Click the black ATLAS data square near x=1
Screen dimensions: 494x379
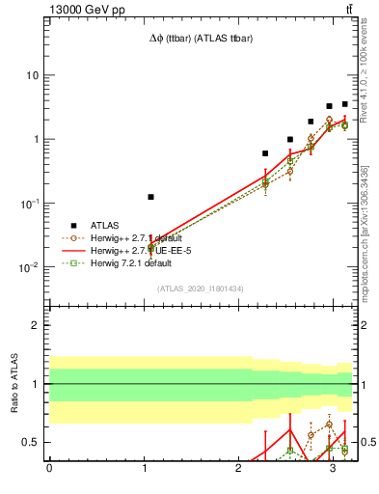[x=150, y=197]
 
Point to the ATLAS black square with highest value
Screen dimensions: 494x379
[x=344, y=104]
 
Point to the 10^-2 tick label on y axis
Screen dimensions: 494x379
[x=30, y=266]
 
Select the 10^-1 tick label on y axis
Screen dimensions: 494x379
[x=30, y=203]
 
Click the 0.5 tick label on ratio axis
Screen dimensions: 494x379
[x=32, y=442]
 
